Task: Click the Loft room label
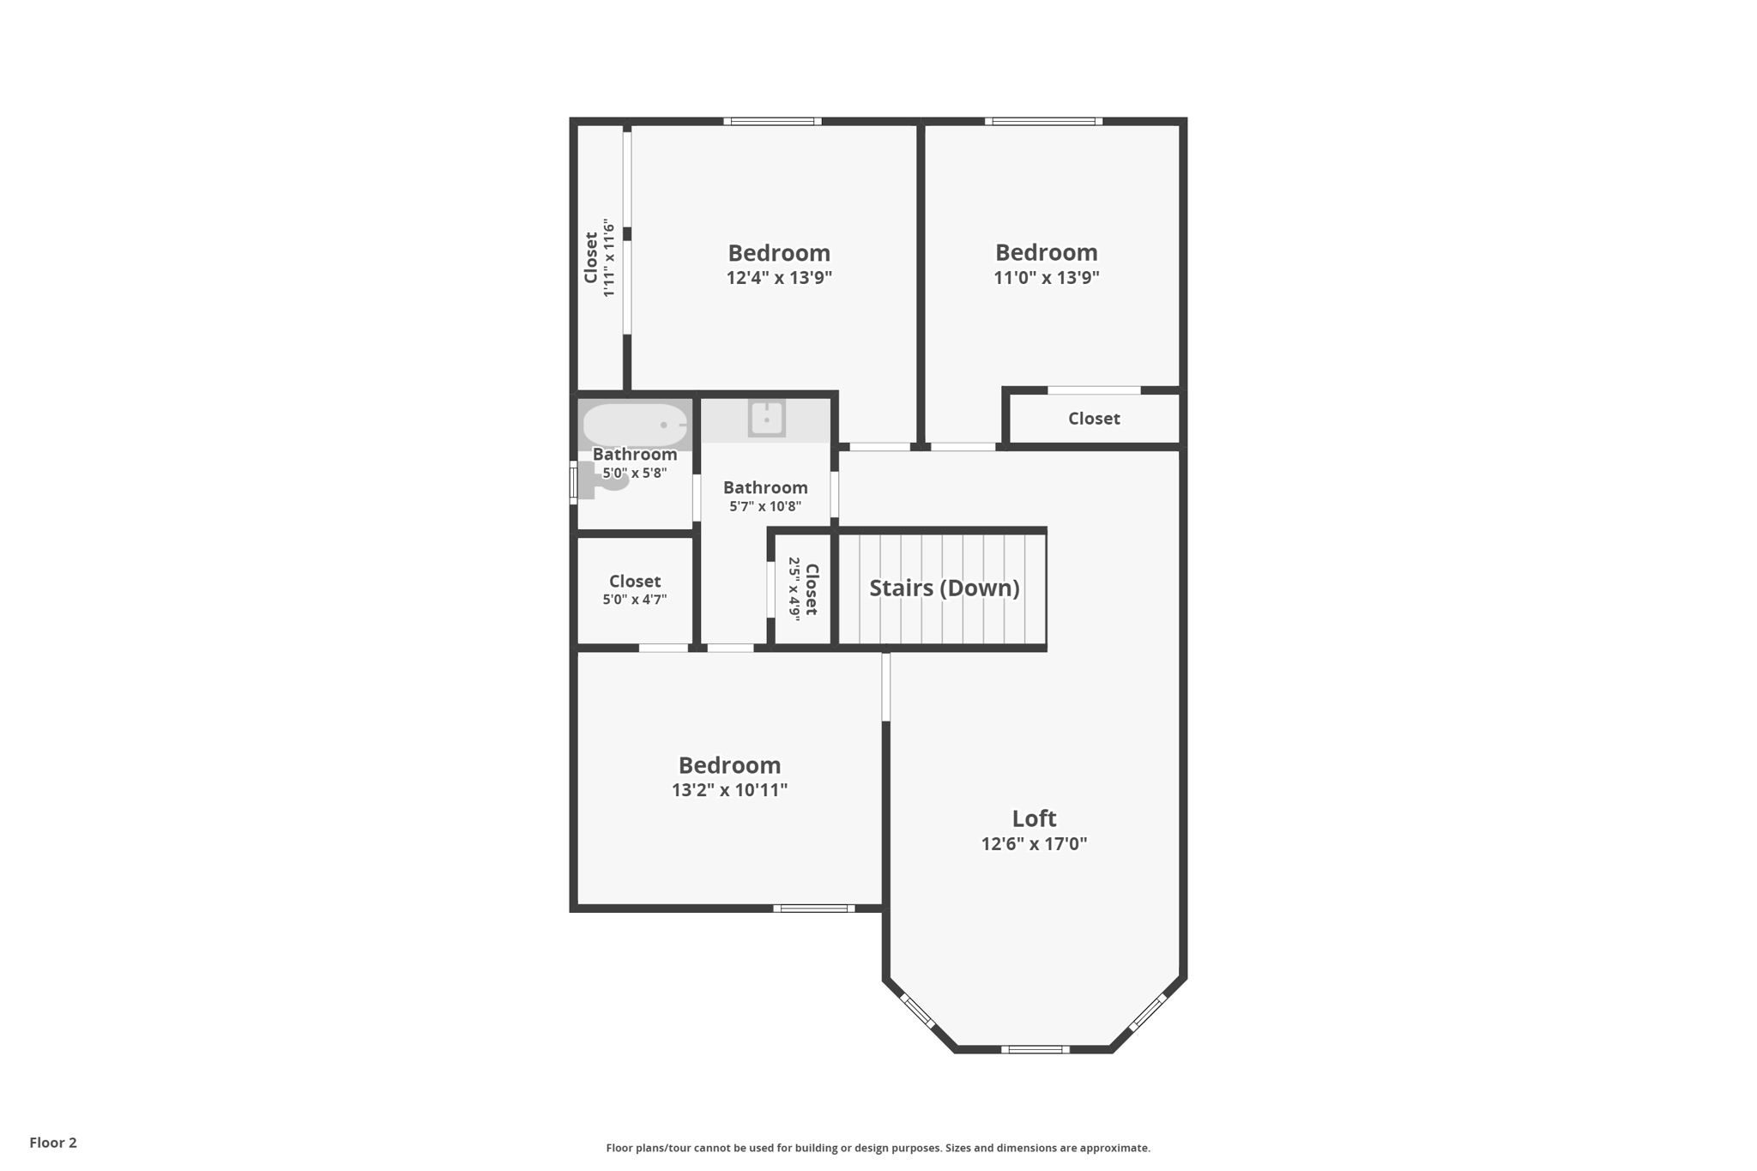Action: (1034, 818)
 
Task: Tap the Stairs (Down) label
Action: (944, 588)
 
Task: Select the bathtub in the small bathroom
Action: (635, 425)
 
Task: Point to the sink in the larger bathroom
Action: (766, 420)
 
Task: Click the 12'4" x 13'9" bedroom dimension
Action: (779, 278)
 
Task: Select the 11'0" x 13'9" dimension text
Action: (1046, 278)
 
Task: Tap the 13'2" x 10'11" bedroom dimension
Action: (729, 790)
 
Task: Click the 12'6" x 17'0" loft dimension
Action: (1034, 844)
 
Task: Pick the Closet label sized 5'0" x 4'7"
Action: (635, 582)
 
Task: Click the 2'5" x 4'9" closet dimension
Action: (794, 589)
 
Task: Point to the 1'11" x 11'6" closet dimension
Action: (609, 258)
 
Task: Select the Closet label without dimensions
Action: (1094, 419)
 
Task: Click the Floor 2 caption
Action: (53, 1143)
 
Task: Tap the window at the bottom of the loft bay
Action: (1035, 1049)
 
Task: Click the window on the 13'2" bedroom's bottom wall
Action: (813, 908)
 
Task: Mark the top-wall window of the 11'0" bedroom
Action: (1043, 122)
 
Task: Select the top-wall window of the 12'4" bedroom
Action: (772, 122)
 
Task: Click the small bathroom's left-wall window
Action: (573, 481)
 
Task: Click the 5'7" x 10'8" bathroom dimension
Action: (765, 506)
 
